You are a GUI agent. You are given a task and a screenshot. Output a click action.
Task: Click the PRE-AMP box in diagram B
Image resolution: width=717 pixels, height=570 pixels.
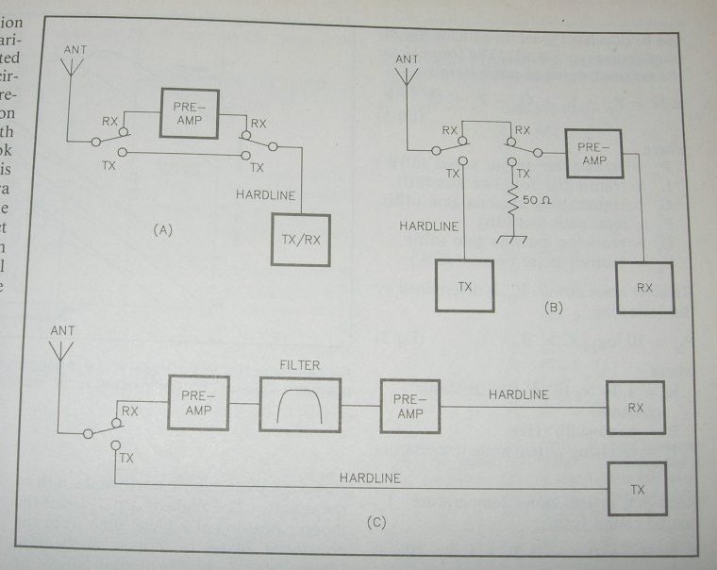point(592,150)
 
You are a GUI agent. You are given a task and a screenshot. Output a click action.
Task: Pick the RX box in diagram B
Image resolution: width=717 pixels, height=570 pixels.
point(645,287)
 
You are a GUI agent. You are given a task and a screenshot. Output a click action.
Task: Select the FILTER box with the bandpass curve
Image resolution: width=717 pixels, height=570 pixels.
point(301,402)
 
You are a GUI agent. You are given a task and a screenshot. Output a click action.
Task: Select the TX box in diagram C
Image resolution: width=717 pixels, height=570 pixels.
point(638,488)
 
